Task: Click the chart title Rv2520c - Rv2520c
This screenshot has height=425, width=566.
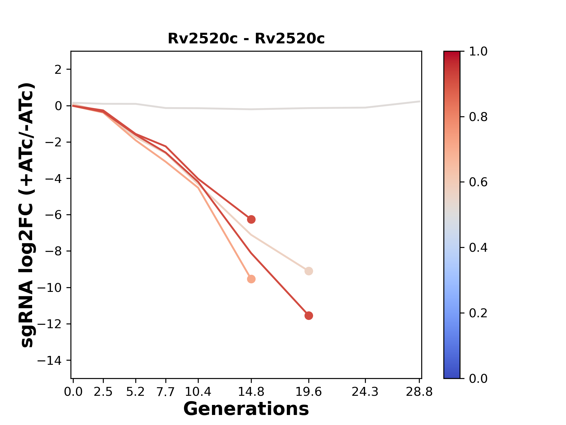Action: (246, 39)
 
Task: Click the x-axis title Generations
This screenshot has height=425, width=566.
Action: (246, 409)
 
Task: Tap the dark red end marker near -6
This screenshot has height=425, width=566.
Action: (251, 219)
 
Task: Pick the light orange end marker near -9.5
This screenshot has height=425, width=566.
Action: (251, 279)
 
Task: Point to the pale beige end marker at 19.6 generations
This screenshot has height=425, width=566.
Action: (309, 271)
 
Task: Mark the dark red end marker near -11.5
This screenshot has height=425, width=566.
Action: (309, 316)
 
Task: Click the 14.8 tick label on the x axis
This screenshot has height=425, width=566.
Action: (251, 392)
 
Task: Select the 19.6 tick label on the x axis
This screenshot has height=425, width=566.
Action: (309, 392)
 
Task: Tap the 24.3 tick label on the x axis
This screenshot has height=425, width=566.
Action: (365, 392)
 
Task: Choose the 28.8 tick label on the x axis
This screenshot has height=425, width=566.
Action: (419, 392)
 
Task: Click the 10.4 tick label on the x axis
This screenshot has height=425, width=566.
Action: (198, 392)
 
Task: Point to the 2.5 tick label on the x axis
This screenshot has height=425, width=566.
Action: (103, 392)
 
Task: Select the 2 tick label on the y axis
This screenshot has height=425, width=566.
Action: (58, 69)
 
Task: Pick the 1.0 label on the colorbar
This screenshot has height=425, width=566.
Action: (478, 52)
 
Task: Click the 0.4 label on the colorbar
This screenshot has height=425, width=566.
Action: (478, 248)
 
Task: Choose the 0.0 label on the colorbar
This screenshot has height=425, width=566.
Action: (478, 378)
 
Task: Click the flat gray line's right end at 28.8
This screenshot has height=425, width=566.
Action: (419, 102)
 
